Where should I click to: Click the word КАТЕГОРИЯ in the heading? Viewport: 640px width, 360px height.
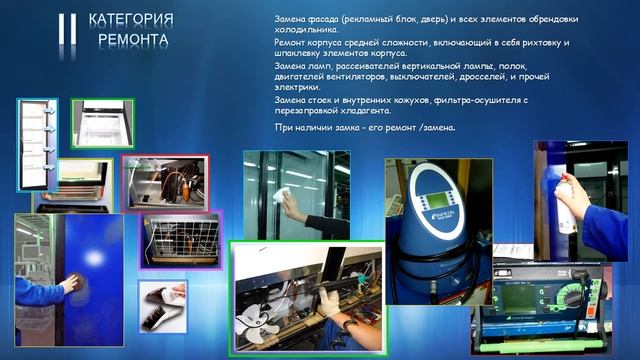pyautogui.click(x=131, y=20)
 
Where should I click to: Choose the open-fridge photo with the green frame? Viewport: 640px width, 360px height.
pyautogui.click(x=103, y=122)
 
